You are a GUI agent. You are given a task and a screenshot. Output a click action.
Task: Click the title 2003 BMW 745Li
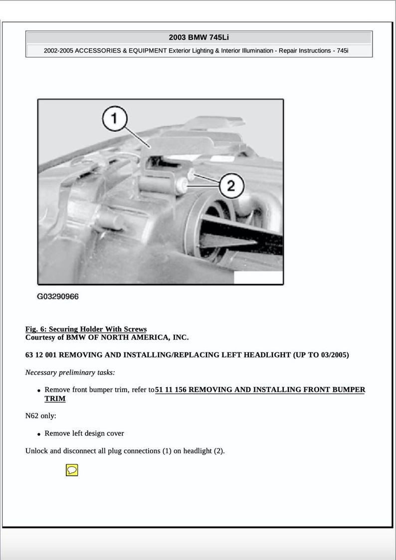pyautogui.click(x=198, y=37)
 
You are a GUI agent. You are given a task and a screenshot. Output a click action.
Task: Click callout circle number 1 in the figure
pyautogui.click(x=115, y=118)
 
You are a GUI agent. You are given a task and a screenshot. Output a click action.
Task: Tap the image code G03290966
pyautogui.click(x=58, y=296)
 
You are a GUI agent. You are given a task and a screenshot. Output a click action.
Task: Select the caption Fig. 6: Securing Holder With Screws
pyautogui.click(x=86, y=329)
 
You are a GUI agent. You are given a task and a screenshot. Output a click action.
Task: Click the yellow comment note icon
pyautogui.click(x=72, y=470)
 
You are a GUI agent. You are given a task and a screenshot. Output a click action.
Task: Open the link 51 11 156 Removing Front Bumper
pyautogui.click(x=260, y=390)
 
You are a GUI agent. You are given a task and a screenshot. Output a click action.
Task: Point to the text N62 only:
pyautogui.click(x=40, y=415)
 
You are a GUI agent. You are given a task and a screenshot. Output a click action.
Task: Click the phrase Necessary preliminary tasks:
pyautogui.click(x=70, y=372)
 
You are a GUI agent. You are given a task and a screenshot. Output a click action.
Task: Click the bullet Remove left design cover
pyautogui.click(x=84, y=433)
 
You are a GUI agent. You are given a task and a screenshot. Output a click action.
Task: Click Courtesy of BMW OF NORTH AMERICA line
pyautogui.click(x=107, y=337)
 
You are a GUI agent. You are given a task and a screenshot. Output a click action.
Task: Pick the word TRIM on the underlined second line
pyautogui.click(x=55, y=399)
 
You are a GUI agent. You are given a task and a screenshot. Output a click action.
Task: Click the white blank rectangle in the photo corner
pyautogui.click(x=257, y=278)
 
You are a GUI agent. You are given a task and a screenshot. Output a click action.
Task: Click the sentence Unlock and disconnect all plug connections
pyautogui.click(x=125, y=451)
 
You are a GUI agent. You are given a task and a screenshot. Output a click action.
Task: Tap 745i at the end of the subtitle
pyautogui.click(x=343, y=51)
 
